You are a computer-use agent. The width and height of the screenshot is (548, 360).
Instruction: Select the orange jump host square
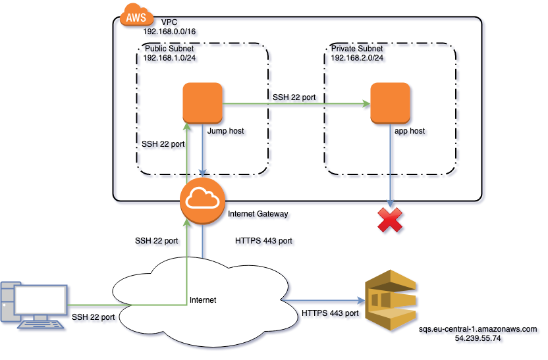click(203, 103)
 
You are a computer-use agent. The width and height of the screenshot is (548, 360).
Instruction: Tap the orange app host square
click(391, 103)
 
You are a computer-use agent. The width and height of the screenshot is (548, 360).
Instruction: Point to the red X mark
click(391, 220)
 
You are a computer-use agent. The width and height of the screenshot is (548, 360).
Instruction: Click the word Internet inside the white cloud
click(203, 300)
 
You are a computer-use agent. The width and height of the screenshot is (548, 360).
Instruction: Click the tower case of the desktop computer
click(8, 303)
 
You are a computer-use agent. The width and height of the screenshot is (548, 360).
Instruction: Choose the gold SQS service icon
click(391, 301)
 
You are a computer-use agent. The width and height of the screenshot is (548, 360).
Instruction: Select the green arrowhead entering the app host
click(364, 103)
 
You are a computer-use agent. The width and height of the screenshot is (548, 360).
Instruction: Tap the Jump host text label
click(227, 132)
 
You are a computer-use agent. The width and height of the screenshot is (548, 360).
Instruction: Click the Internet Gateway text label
click(260, 215)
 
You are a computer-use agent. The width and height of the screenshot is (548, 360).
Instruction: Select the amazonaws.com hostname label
click(480, 330)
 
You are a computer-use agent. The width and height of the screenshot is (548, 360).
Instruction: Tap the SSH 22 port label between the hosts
click(296, 97)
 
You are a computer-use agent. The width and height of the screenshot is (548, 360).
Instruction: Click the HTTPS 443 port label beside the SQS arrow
click(333, 315)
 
